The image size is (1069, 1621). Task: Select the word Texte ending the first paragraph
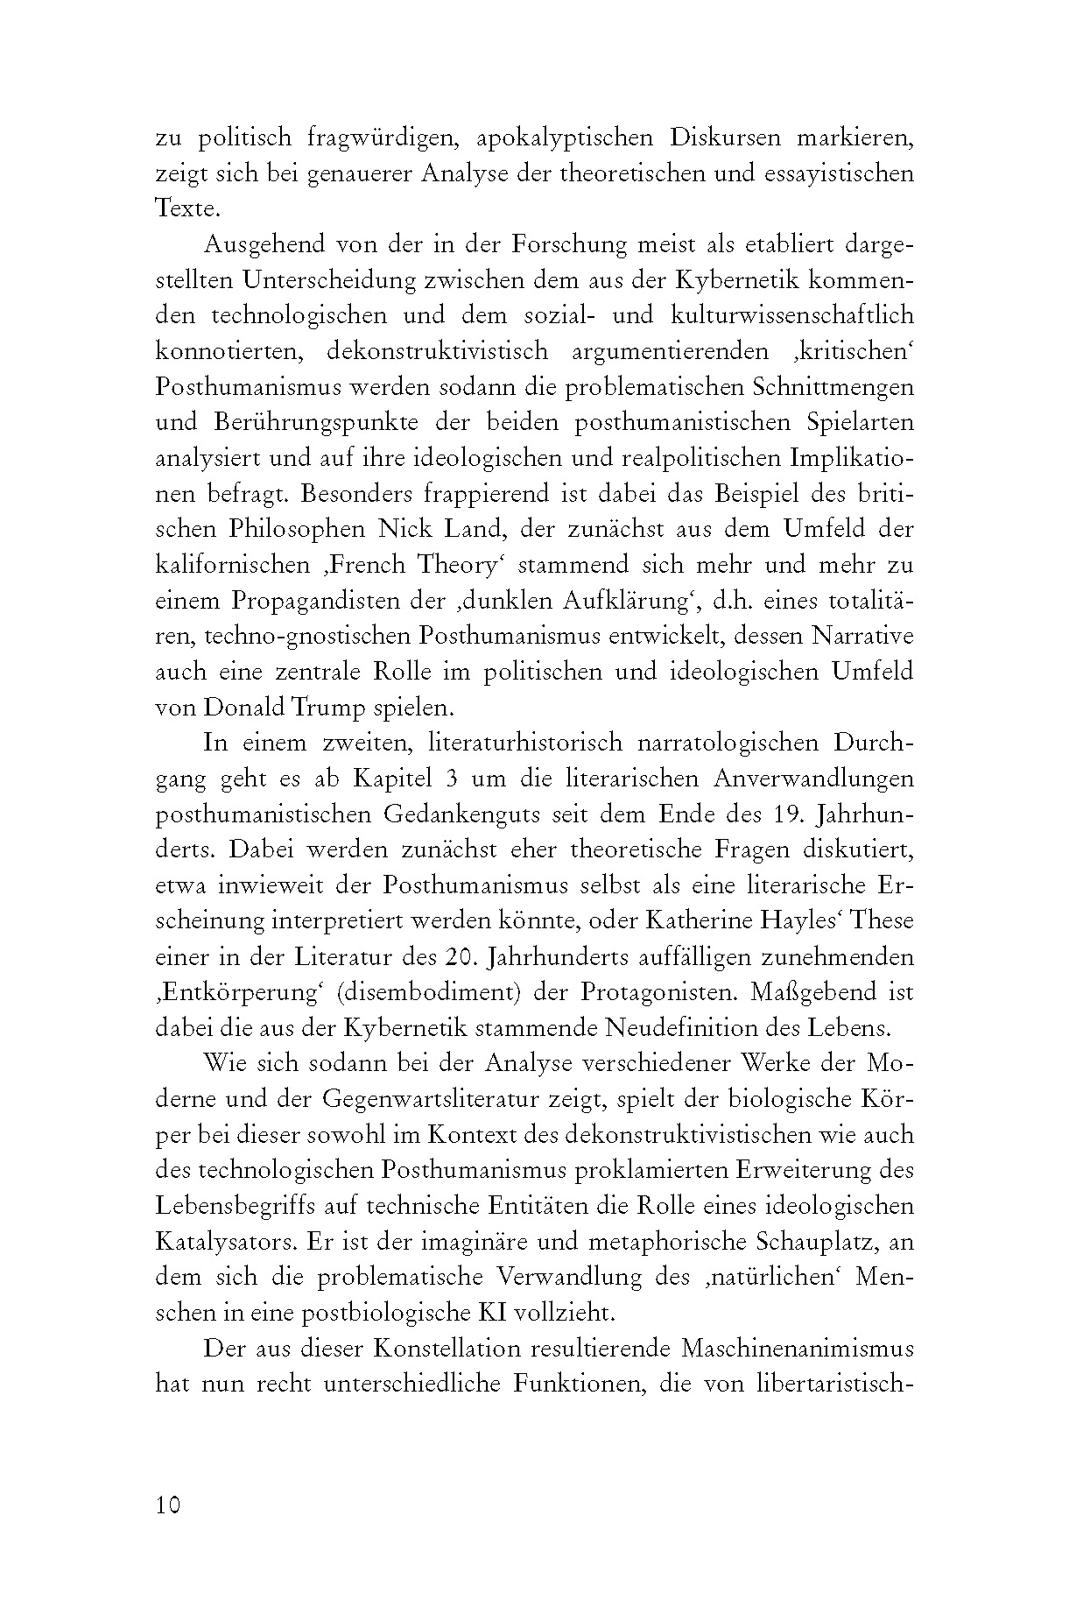(x=185, y=209)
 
